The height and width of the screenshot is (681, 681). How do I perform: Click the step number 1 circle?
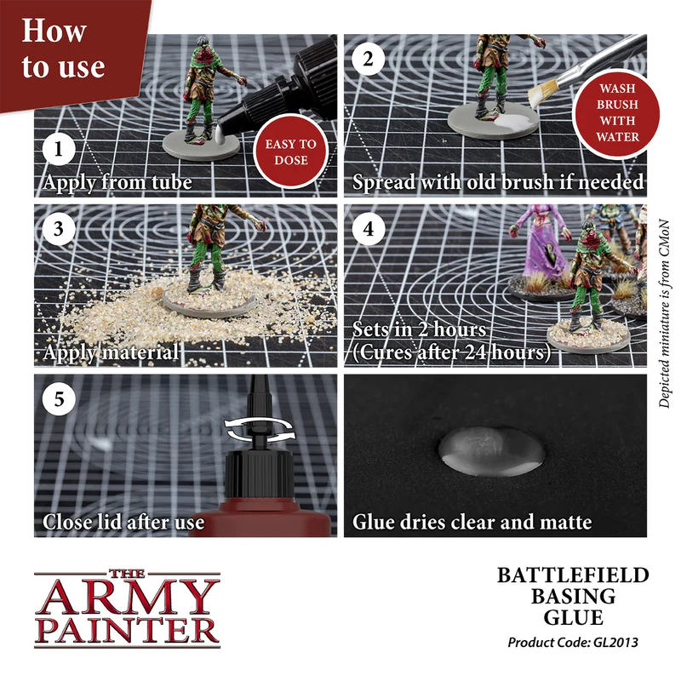click(x=57, y=151)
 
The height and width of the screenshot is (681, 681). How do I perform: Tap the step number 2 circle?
click(x=367, y=60)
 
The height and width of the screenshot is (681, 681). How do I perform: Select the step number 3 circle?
click(x=57, y=229)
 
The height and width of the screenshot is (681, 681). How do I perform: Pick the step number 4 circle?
click(x=367, y=229)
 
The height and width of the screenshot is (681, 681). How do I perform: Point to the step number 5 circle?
click(x=57, y=398)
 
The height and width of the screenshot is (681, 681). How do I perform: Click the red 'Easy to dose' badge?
click(x=290, y=152)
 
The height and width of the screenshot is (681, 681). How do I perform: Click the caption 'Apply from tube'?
click(x=117, y=181)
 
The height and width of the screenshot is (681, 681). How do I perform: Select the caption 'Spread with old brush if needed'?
click(x=498, y=181)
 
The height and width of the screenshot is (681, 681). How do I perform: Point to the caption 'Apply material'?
click(x=111, y=351)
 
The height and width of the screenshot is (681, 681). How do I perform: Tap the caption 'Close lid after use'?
click(x=123, y=520)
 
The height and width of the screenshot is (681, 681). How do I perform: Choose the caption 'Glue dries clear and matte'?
click(x=472, y=520)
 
